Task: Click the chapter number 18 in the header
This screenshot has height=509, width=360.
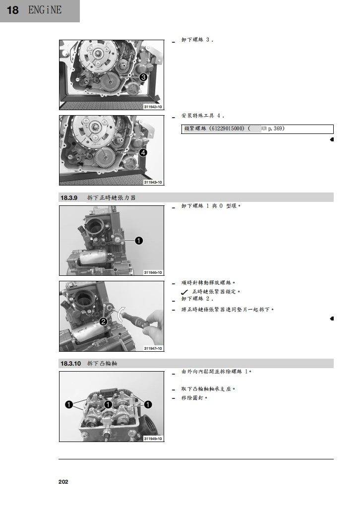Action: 13,10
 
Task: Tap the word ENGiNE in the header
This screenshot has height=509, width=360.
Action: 45,10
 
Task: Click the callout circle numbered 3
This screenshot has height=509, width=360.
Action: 143,77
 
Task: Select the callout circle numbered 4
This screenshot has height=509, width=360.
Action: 143,153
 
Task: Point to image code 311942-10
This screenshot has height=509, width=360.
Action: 153,107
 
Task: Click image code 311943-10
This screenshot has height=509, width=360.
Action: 153,183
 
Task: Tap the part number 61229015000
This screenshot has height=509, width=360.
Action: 227,128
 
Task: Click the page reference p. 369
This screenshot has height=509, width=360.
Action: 276,128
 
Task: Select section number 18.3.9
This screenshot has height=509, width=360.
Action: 69,197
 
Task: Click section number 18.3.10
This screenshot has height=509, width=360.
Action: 70,364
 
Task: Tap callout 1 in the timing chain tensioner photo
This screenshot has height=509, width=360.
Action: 139,241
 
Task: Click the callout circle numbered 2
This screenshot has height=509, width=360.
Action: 103,321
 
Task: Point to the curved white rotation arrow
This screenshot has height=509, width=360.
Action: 120,314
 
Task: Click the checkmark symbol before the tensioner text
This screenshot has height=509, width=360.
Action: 184,292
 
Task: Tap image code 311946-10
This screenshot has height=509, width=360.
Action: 153,273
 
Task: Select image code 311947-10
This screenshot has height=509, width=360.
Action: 153,349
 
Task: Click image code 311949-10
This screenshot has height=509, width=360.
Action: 153,439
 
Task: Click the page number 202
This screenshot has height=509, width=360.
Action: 63,482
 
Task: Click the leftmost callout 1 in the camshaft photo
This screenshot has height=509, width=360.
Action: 69,405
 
